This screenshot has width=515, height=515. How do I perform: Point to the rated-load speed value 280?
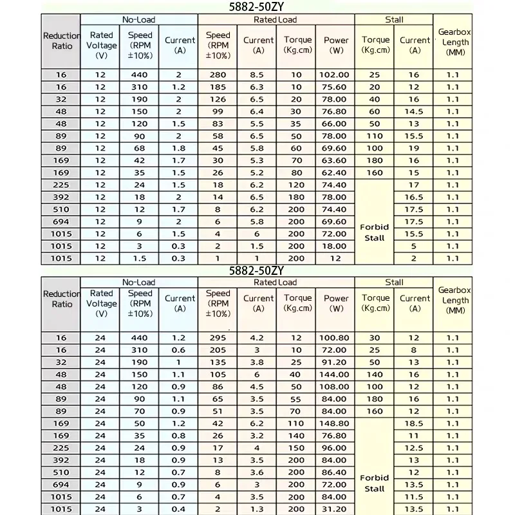click(x=218, y=75)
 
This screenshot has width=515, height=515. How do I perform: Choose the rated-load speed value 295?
click(x=218, y=338)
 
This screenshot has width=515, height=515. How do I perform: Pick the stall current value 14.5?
click(x=414, y=111)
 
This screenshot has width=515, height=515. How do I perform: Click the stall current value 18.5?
click(x=414, y=424)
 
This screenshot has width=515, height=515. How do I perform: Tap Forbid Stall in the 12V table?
click(x=374, y=232)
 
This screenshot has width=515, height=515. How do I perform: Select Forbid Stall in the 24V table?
click(x=374, y=483)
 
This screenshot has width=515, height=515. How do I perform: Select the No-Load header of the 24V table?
click(x=138, y=282)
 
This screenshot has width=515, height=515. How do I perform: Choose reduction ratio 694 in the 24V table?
click(x=61, y=485)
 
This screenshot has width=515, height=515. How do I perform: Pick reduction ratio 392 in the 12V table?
click(x=61, y=197)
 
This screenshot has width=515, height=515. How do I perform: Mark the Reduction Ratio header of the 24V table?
click(x=62, y=299)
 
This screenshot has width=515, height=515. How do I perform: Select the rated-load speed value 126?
click(x=218, y=99)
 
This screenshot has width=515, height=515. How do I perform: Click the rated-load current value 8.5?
click(x=258, y=75)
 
